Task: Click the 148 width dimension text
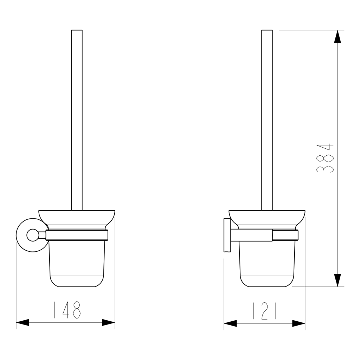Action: [66, 310]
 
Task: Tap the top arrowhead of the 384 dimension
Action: [337, 37]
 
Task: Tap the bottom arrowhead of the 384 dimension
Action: [337, 280]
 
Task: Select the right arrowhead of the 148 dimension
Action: [108, 322]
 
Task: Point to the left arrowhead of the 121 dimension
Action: [230, 323]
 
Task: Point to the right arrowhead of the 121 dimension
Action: [298, 323]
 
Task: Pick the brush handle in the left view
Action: [77, 120]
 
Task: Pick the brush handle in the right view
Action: [267, 120]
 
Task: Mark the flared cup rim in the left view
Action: [77, 217]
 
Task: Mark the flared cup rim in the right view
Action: [267, 217]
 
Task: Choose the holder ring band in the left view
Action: [77, 235]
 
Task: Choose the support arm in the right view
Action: [251, 235]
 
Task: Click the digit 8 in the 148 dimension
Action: [76, 310]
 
